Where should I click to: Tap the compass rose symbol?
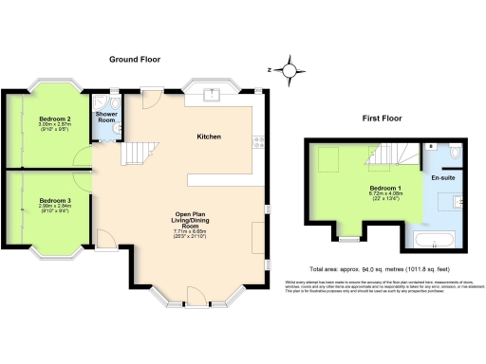tap(293, 69)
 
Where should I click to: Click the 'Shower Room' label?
tap(105, 118)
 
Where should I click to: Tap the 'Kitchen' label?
tap(209, 137)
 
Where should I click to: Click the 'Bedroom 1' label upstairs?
tap(384, 188)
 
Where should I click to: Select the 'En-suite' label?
tap(442, 177)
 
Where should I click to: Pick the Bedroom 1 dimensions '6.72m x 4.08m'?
tap(384, 194)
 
